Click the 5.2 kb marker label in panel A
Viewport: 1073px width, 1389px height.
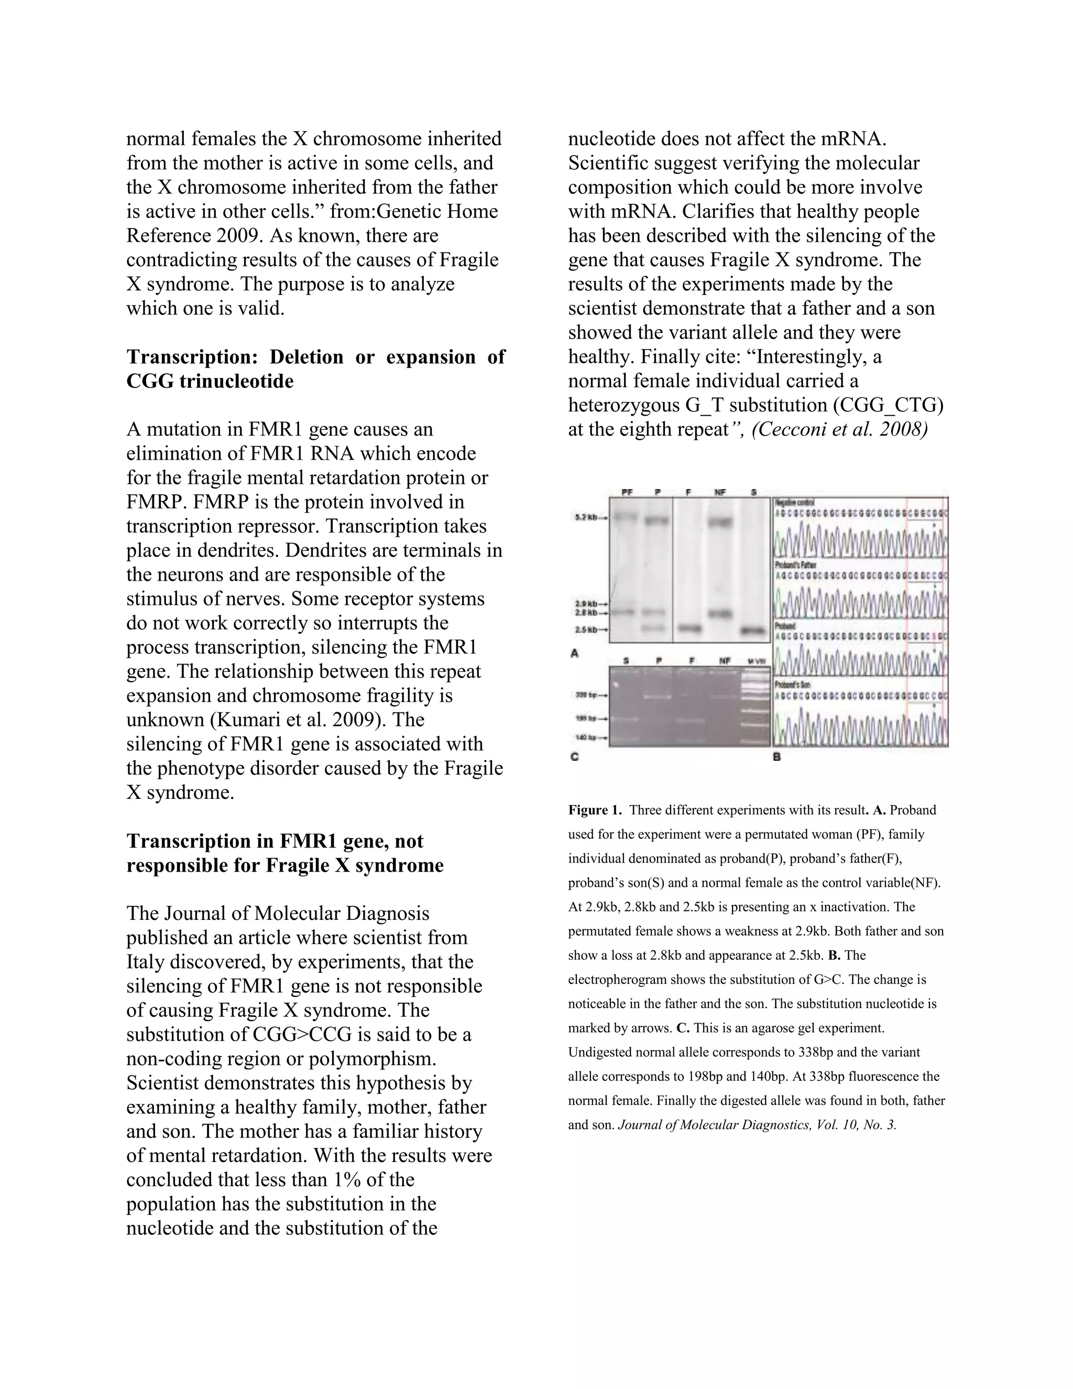point(585,518)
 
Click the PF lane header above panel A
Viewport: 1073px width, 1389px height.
point(627,493)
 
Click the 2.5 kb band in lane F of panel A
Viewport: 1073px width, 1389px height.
point(689,628)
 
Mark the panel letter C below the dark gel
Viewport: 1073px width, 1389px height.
point(574,757)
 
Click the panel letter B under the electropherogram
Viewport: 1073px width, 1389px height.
point(777,757)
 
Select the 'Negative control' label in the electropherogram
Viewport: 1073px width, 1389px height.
point(797,503)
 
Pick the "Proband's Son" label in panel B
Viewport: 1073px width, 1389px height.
point(793,685)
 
